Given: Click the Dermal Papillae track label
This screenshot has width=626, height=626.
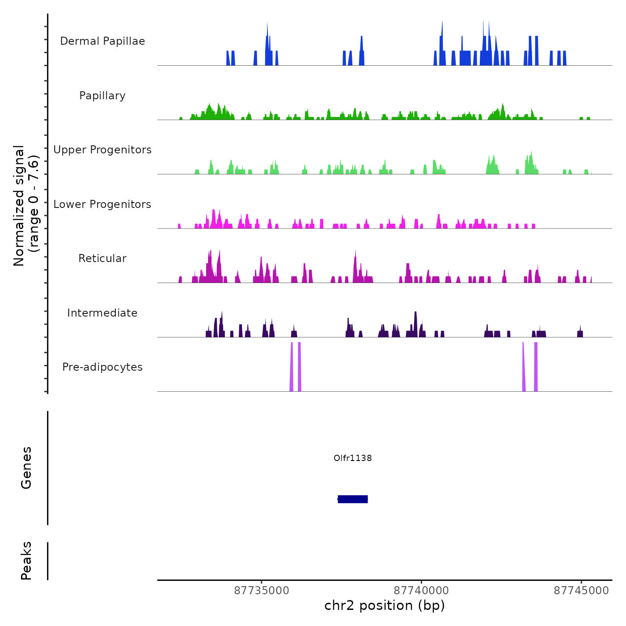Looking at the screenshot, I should click(x=102, y=41).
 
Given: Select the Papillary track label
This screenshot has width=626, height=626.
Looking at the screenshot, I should click(x=102, y=96).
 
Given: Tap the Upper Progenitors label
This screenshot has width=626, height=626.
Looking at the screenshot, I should click(x=102, y=150).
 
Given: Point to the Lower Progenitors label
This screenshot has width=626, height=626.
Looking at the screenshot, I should click(x=102, y=204).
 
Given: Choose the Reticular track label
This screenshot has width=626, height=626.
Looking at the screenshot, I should click(x=102, y=258).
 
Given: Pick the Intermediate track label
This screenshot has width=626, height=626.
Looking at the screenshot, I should click(x=102, y=313).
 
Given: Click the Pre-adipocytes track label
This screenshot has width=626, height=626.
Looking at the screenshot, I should click(x=102, y=367).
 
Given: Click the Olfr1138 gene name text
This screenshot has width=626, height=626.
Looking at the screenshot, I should click(x=353, y=458).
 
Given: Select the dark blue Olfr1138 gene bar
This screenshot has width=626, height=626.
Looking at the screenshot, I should click(x=353, y=499).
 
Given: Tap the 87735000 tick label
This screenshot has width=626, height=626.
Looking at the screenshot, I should click(x=262, y=591).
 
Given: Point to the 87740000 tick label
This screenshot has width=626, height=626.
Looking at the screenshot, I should click(x=421, y=591).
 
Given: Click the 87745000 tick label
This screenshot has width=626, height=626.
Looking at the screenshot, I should click(x=581, y=591).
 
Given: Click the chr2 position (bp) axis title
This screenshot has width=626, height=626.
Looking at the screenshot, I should click(x=385, y=605).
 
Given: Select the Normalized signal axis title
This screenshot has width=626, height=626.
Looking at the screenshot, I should click(x=26, y=206).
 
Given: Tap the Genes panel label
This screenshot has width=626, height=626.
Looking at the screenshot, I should click(x=26, y=468).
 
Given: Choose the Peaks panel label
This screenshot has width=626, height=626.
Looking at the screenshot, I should click(x=26, y=561).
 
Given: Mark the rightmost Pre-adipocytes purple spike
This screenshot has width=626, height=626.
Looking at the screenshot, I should click(x=536, y=367).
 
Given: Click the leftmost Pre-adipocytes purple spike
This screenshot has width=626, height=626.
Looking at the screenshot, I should click(x=292, y=367).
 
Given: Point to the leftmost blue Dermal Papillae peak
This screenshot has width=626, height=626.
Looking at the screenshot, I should click(x=228, y=59).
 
